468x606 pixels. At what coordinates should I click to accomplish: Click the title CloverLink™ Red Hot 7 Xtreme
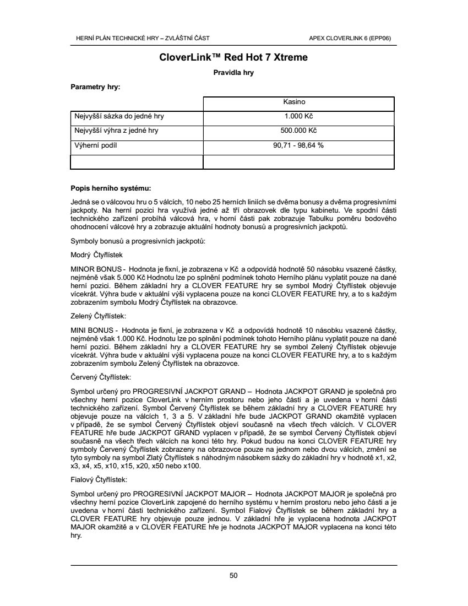[233, 57]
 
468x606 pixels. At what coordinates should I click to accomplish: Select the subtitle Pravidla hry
[233, 72]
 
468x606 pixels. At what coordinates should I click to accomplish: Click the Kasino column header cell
[298, 102]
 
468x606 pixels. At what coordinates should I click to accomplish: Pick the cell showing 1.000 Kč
[298, 117]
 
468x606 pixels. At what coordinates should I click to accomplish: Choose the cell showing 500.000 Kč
[298, 131]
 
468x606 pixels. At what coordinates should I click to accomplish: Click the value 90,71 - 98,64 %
[298, 145]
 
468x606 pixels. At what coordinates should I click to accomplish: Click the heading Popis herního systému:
[111, 188]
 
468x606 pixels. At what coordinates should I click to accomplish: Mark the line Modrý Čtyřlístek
[97, 255]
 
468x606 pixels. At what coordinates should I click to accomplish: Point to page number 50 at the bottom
[233, 576]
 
